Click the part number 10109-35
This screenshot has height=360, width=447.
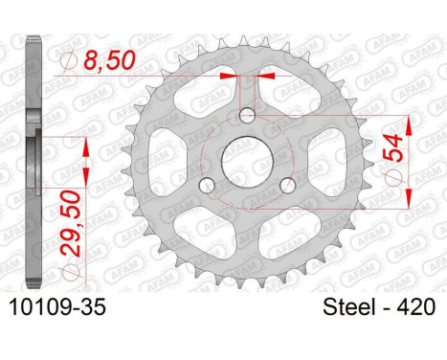tap(57, 307)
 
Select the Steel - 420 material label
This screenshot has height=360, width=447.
tap(379, 307)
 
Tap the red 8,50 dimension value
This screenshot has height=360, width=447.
tap(110, 60)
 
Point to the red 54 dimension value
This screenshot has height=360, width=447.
tap(393, 147)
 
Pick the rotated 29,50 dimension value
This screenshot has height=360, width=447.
tap(70, 223)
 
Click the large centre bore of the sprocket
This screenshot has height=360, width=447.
tap(247, 163)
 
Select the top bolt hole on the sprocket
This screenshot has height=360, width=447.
tap(247, 116)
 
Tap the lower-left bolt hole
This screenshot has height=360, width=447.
tap(207, 186)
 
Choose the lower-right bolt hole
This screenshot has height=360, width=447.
tap(288, 186)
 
